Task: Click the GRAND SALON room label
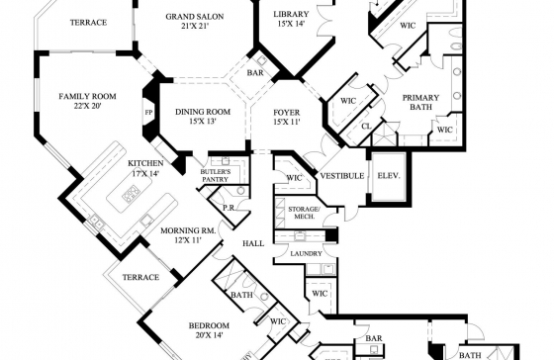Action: point(195,17)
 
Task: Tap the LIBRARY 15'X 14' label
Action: point(291,19)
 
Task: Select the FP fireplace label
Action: point(148,113)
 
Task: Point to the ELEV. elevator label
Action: point(389,176)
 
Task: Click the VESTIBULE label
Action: point(342,176)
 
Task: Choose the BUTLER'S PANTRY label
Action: point(216,176)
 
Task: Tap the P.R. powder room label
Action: point(229,208)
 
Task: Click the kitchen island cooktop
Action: point(131,194)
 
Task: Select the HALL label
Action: point(253,243)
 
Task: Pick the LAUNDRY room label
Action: point(307,253)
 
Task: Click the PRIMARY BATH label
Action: point(420,102)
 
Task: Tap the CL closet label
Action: point(366,126)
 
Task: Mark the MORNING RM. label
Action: point(188,230)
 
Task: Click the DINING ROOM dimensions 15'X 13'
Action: point(203,122)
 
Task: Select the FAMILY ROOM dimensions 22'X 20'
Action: point(87,106)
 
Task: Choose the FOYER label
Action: point(287,113)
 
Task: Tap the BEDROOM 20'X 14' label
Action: point(209,330)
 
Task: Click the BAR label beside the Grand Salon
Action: point(255,73)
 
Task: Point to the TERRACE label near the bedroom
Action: point(140,277)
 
